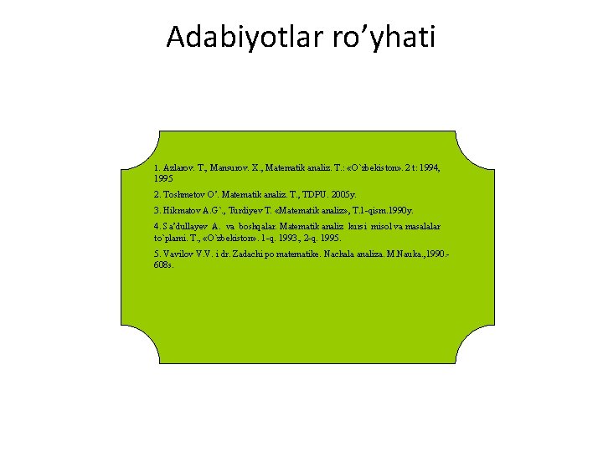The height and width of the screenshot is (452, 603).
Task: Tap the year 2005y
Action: point(345,194)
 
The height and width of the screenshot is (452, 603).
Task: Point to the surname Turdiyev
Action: point(243,210)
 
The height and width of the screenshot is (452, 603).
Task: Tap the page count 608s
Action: point(164,264)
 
